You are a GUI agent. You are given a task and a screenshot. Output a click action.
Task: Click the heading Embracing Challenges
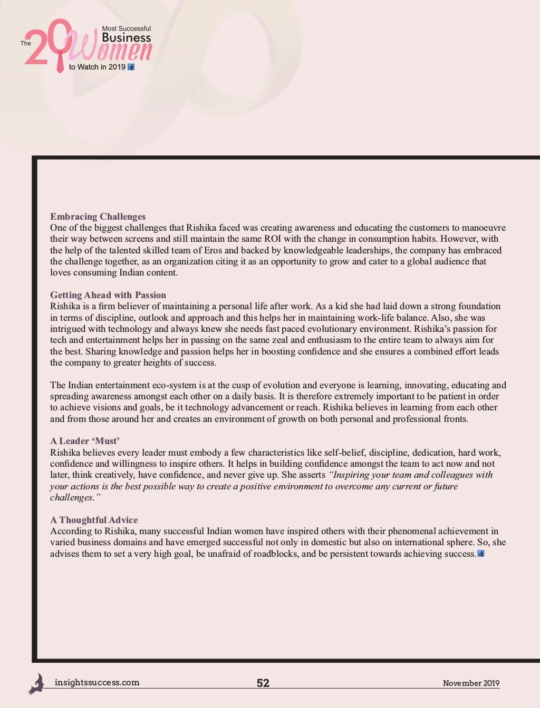click(x=98, y=217)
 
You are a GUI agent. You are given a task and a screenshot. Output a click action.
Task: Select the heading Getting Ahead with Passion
click(x=108, y=295)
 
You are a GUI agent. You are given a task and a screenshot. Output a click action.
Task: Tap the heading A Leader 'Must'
click(x=85, y=441)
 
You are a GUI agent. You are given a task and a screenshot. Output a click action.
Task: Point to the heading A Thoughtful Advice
click(x=94, y=520)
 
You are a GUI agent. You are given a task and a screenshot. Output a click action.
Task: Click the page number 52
click(x=263, y=683)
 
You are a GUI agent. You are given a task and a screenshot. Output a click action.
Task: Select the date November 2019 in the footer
click(x=471, y=683)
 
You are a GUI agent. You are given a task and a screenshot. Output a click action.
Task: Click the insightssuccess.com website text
click(x=97, y=683)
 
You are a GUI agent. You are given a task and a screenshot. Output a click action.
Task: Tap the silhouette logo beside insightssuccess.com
click(x=36, y=683)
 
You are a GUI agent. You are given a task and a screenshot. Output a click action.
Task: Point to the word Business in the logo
click(x=126, y=38)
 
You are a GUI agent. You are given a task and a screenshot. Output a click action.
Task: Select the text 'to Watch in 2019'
click(x=97, y=67)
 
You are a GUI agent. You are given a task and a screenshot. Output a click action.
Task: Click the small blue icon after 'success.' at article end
click(x=480, y=554)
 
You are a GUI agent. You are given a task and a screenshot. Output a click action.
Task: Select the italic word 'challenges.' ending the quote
click(x=72, y=497)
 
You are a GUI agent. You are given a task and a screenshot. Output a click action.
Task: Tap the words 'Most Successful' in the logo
click(x=127, y=28)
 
